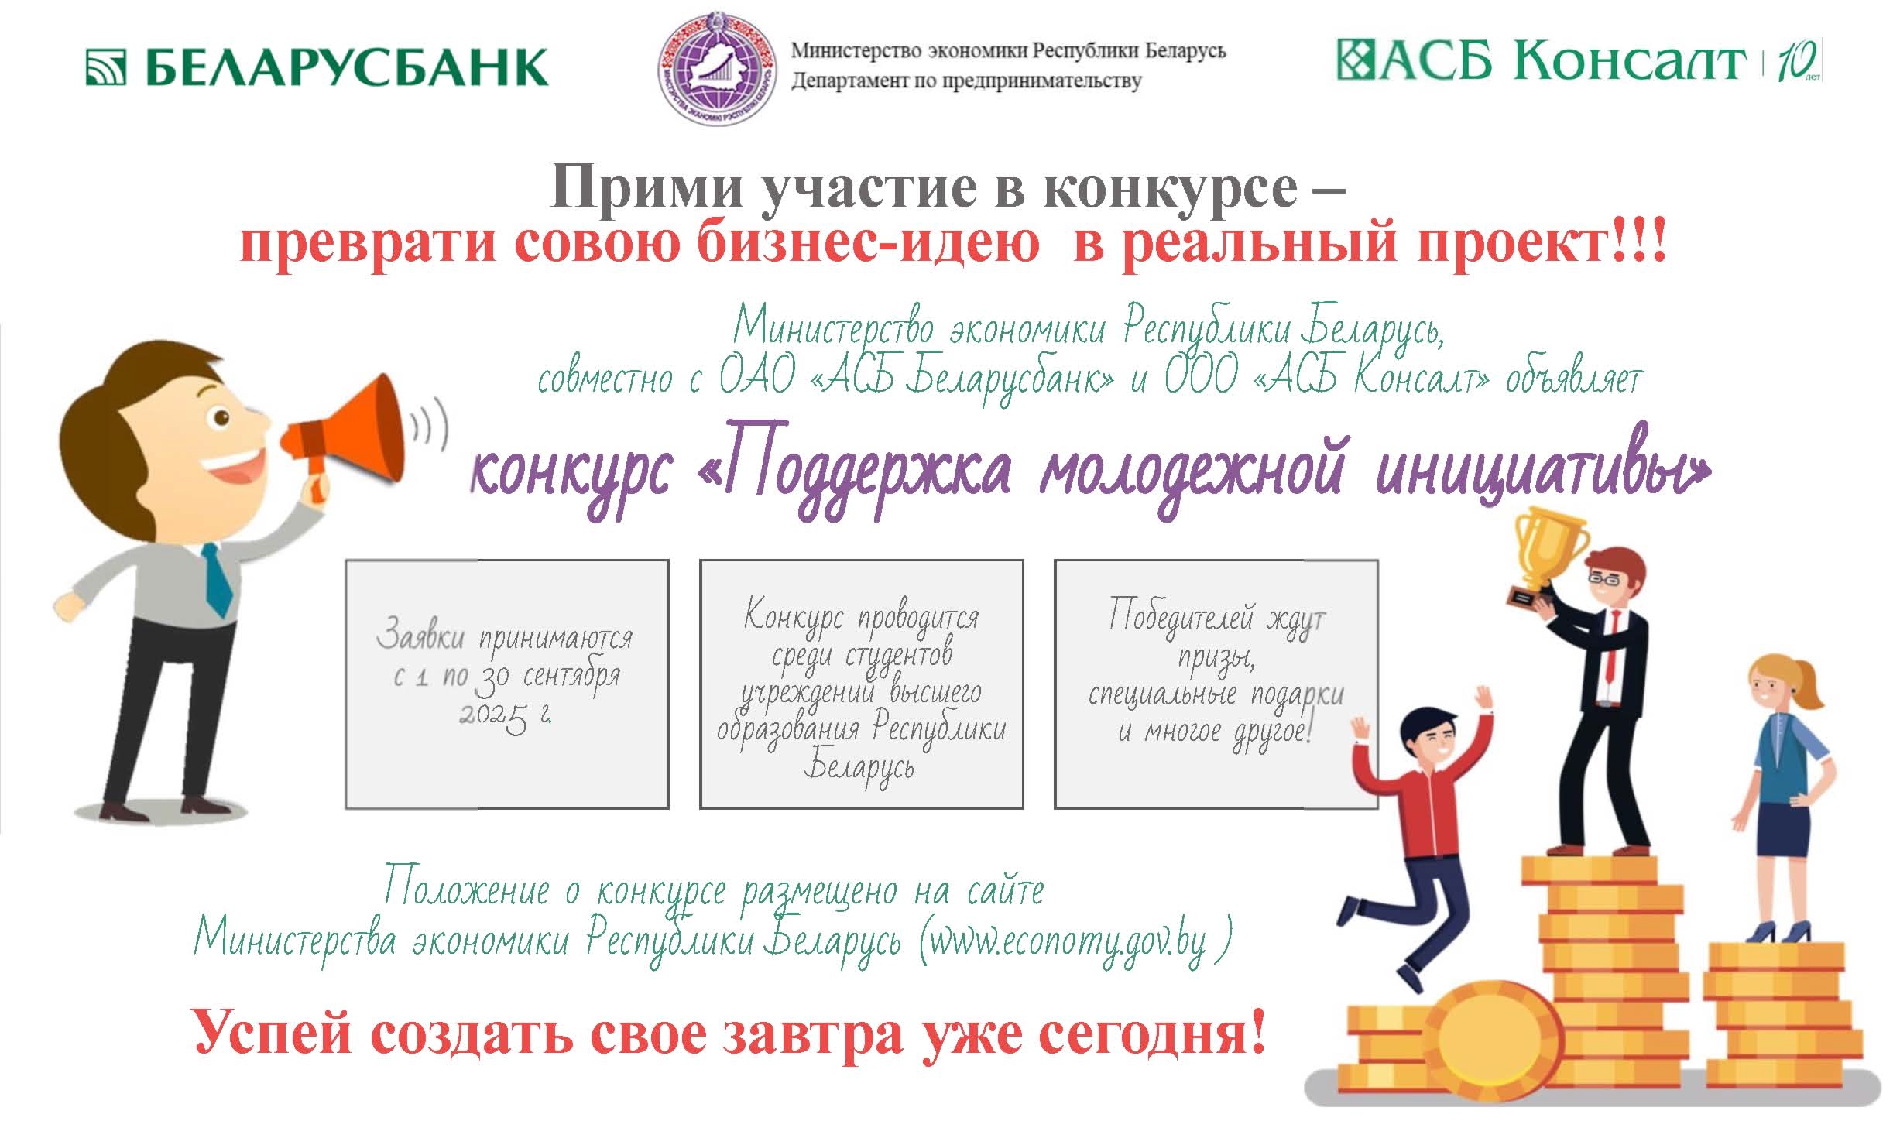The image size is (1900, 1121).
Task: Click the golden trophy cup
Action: pos(1544,554)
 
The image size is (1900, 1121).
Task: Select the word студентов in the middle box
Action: pos(898,656)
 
